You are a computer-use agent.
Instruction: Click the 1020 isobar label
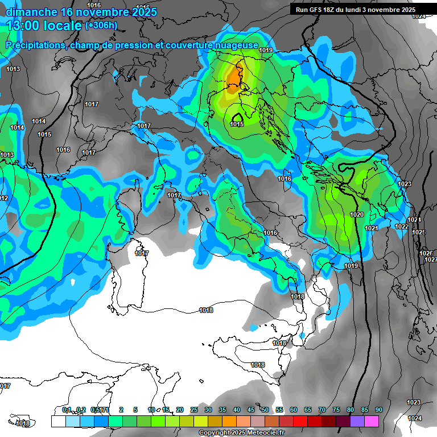click(357, 215)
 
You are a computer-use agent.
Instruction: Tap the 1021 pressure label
click(371, 228)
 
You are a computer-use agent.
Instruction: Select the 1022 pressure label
click(402, 226)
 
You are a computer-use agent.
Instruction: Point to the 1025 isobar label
click(419, 232)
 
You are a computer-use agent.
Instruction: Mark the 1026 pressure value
click(426, 253)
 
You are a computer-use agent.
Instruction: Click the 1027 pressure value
click(431, 259)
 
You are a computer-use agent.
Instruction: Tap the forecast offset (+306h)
click(101, 26)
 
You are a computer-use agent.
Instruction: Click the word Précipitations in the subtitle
click(35, 45)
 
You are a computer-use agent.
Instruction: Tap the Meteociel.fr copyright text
click(241, 433)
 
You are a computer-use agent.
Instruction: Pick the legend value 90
click(379, 410)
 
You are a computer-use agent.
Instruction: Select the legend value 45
click(251, 410)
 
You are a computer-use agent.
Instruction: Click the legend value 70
click(322, 410)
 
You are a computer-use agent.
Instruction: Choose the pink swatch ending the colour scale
click(372, 421)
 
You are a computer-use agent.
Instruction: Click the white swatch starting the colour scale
click(58, 421)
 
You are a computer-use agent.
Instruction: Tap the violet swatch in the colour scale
click(357, 421)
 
